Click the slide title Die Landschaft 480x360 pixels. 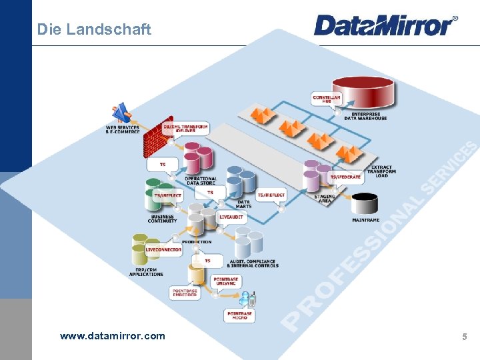(x=94, y=29)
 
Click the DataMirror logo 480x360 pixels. (x=385, y=25)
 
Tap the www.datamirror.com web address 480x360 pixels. (x=112, y=336)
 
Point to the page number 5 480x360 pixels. (x=465, y=337)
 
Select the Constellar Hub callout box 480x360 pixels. (x=327, y=98)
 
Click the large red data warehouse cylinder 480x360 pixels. (x=363, y=92)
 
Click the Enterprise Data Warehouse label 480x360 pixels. (x=369, y=116)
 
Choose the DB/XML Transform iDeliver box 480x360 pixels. (x=186, y=129)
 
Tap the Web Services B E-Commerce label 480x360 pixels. (x=123, y=129)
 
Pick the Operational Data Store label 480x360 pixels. (x=201, y=180)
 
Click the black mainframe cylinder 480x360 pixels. (x=365, y=204)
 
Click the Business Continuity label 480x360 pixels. (x=163, y=219)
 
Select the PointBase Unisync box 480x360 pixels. (x=227, y=281)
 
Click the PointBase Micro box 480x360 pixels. (x=239, y=315)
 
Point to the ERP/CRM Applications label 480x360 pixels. (x=145, y=271)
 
